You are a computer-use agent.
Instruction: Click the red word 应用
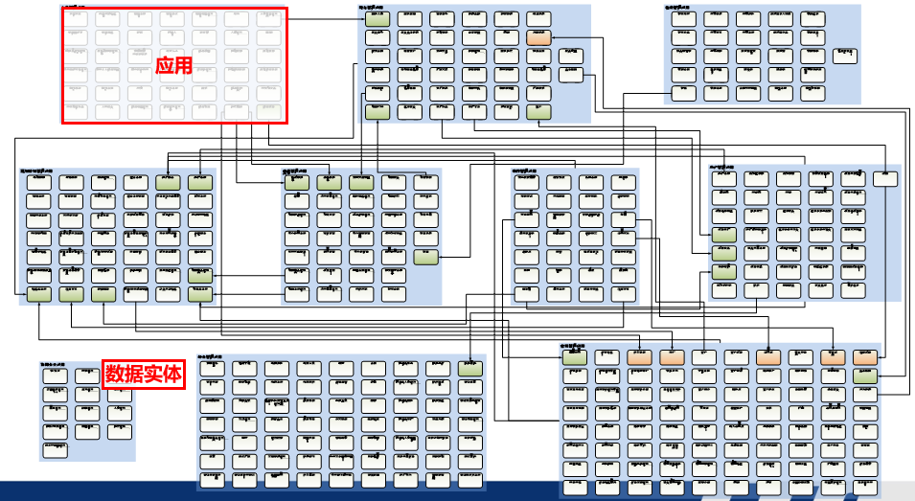point(174,66)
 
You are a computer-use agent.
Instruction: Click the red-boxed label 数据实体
point(143,374)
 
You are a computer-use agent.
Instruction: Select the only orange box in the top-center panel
point(538,37)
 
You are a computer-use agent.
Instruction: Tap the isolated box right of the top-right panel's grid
point(844,54)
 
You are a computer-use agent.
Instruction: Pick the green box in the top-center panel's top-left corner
point(377,18)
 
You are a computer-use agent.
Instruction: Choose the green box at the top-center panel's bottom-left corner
point(377,111)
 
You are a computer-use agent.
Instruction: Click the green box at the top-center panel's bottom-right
point(538,111)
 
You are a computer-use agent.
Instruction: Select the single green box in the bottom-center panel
point(469,368)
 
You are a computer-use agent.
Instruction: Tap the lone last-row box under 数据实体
point(56,450)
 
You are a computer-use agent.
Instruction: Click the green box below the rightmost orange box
point(865,376)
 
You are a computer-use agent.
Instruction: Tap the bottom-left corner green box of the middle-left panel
point(39,295)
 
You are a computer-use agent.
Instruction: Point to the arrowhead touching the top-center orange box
point(554,37)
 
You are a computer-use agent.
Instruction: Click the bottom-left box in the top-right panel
point(682,93)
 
